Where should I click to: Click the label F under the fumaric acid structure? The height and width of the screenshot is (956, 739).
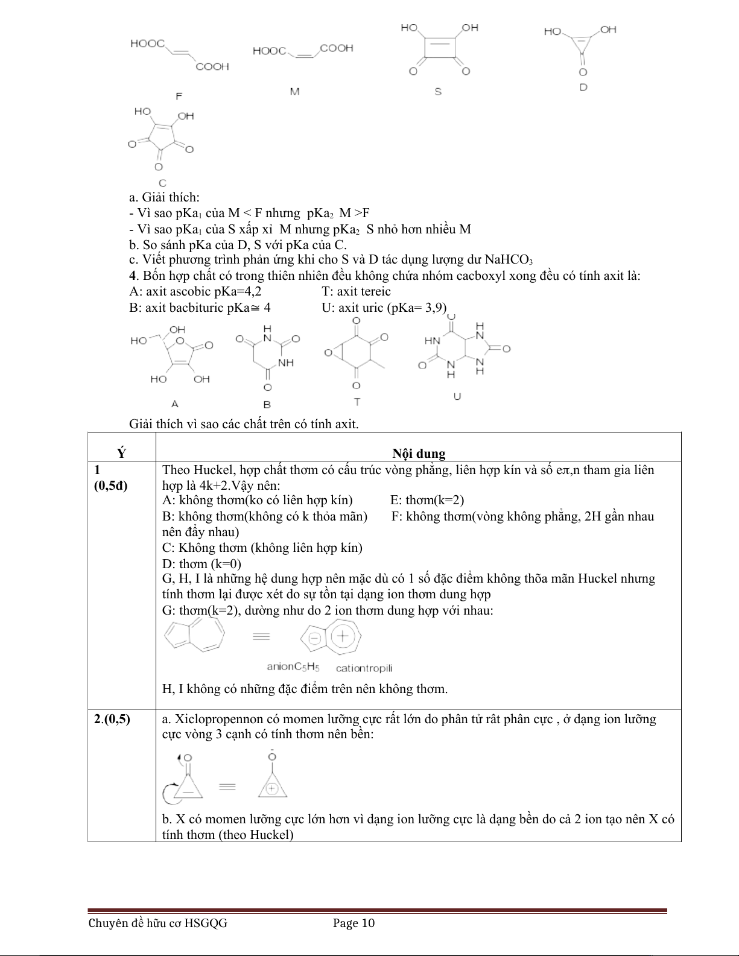[179, 96]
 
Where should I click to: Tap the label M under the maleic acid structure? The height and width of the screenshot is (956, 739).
[294, 92]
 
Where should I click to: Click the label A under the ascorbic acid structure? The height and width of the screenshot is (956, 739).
[175, 403]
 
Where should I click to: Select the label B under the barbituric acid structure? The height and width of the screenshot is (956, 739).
[267, 404]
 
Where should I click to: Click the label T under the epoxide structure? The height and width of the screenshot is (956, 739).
[357, 402]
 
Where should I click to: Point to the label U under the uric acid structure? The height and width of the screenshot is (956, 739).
[457, 396]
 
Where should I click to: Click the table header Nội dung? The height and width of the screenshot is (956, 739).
[418, 454]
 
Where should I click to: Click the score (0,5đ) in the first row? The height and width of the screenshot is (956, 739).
[112, 486]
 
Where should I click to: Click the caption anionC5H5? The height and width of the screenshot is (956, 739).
[293, 668]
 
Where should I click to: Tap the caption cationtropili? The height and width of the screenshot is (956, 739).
[364, 668]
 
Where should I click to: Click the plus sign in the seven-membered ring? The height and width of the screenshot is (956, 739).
[342, 636]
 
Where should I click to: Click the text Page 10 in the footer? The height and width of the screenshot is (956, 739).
[354, 923]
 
